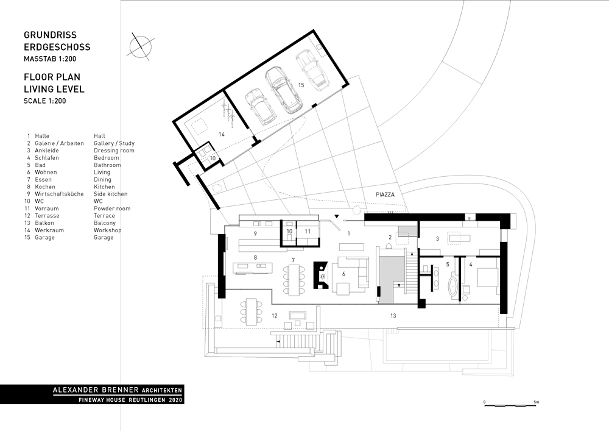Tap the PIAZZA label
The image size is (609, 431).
coord(385,194)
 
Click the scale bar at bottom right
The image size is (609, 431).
coord(510,404)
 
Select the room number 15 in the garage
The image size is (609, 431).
coord(300,85)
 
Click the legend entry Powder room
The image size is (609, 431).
coord(113,208)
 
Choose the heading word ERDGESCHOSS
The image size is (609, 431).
coord(57,47)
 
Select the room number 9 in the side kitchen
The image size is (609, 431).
coord(256,233)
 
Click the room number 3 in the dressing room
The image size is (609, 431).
coord(437,239)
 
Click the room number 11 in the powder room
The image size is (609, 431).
coord(308,232)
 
